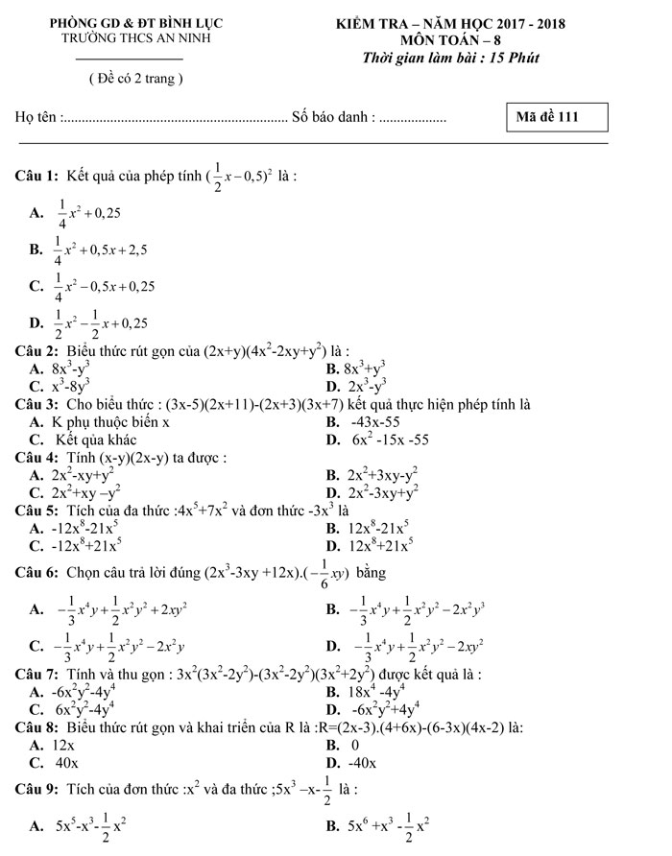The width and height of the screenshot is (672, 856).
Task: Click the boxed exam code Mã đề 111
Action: pyautogui.click(x=560, y=117)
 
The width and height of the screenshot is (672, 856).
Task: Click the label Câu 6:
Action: pyautogui.click(x=37, y=573)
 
